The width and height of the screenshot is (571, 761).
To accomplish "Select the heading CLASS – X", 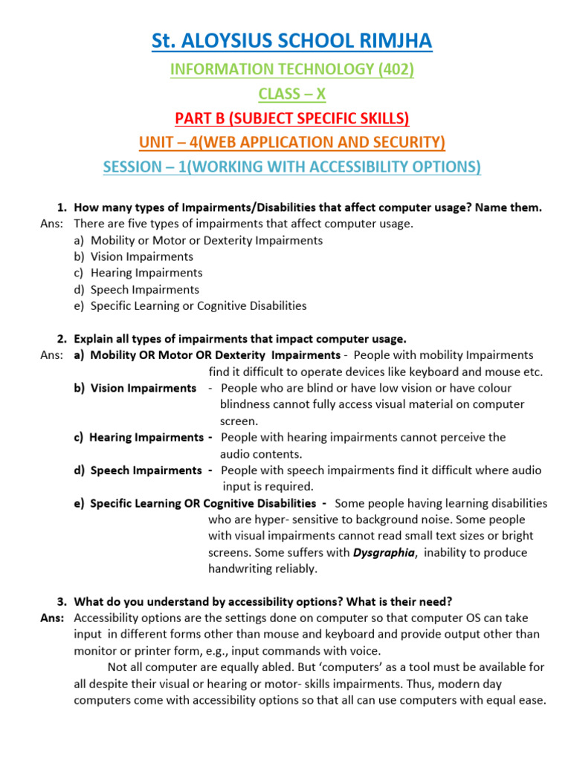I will point(291,94).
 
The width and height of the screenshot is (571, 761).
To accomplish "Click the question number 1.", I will point(62,207).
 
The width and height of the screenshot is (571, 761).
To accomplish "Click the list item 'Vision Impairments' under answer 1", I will point(141,256).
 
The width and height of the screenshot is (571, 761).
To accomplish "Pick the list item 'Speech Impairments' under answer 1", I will point(144,289).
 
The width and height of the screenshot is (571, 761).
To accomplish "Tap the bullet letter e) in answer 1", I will point(79,305).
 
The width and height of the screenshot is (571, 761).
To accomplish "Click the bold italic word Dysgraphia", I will point(383,552).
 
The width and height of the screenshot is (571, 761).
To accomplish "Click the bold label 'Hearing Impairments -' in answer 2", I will point(146,438).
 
